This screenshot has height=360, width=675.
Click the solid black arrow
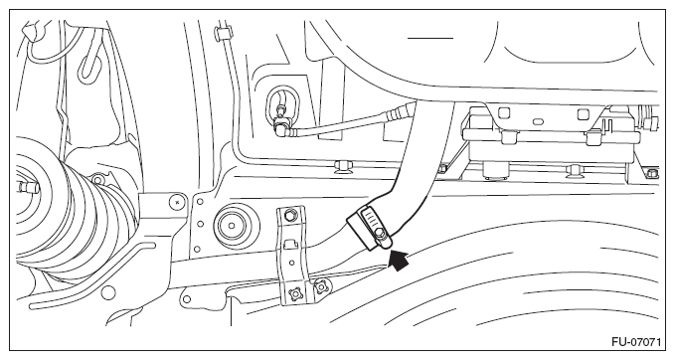399,262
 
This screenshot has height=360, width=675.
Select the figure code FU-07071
636,342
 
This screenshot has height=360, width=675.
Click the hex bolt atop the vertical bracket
290,214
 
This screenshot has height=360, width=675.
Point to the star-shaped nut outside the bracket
321,285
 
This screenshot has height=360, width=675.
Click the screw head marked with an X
177,201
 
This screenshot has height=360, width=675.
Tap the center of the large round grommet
233,225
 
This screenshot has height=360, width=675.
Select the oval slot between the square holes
537,121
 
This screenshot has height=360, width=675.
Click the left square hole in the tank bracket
503,113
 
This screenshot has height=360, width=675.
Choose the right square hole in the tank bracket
582,114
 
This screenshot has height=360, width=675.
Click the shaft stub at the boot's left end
28,186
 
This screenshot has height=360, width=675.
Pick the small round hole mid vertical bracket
291,263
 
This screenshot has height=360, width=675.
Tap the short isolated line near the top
430,38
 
